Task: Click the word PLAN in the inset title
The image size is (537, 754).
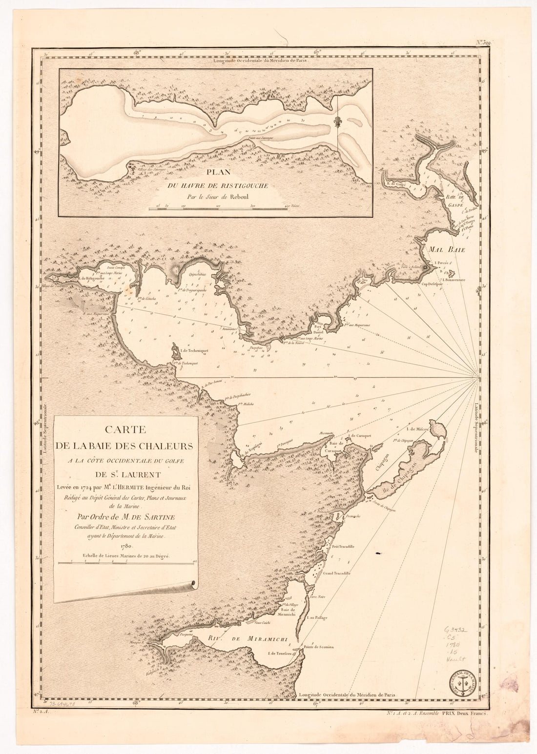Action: (215, 173)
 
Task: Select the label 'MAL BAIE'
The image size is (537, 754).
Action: (447, 250)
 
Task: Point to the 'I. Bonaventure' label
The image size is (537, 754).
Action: (455, 279)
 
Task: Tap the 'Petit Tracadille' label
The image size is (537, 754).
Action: (343, 547)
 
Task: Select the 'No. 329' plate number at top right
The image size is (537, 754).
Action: (486, 43)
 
